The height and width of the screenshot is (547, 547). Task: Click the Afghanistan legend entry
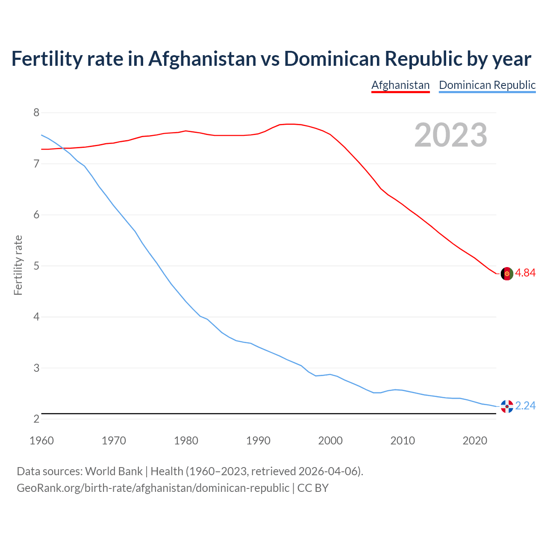click(400, 85)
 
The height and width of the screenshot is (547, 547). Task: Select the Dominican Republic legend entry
click(487, 85)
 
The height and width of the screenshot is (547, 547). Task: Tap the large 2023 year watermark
click(450, 135)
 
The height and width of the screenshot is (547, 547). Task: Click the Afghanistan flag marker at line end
click(507, 274)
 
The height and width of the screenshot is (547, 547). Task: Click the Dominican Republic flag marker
click(507, 406)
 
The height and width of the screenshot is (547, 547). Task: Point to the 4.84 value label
click(525, 273)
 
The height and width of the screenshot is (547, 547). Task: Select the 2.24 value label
click(525, 406)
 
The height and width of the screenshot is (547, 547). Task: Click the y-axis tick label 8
click(36, 113)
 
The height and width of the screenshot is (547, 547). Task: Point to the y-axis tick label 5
click(36, 266)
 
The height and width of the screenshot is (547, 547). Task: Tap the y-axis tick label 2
click(36, 419)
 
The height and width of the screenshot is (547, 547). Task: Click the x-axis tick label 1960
click(41, 441)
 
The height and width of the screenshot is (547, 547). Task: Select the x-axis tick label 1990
click(258, 441)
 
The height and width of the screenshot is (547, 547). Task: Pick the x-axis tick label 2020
click(475, 441)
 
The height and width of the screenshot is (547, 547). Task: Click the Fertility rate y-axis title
click(18, 265)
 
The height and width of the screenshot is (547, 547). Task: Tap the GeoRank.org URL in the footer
click(153, 488)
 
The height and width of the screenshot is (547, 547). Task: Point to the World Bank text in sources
click(114, 471)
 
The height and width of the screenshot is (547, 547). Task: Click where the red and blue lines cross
click(62, 148)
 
